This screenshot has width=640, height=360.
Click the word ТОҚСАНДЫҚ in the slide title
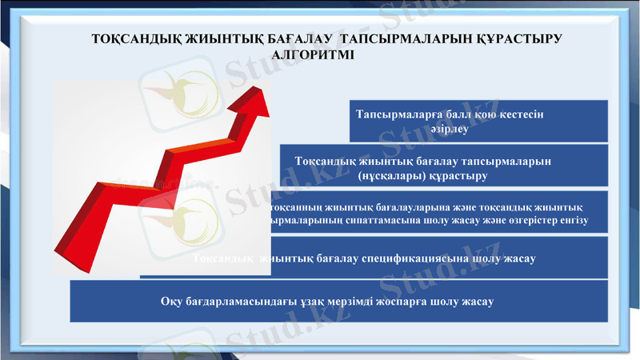coord(127,39)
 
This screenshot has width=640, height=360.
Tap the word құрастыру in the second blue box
coord(460,175)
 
